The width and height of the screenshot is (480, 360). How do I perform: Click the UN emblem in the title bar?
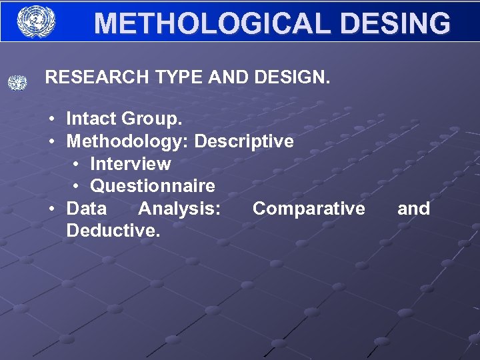(36, 21)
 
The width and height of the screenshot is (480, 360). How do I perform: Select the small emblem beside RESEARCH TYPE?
(17, 83)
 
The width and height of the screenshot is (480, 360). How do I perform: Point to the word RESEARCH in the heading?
(97, 77)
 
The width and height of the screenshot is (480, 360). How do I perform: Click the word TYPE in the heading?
(179, 77)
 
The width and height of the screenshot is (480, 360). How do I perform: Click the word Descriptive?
(244, 141)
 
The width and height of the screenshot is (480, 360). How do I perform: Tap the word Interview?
(130, 164)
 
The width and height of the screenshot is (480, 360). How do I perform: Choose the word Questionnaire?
(153, 186)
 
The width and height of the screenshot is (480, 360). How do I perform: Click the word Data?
(86, 209)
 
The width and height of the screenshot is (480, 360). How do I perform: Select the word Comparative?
(309, 209)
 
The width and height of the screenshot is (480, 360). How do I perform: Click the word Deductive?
(113, 231)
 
